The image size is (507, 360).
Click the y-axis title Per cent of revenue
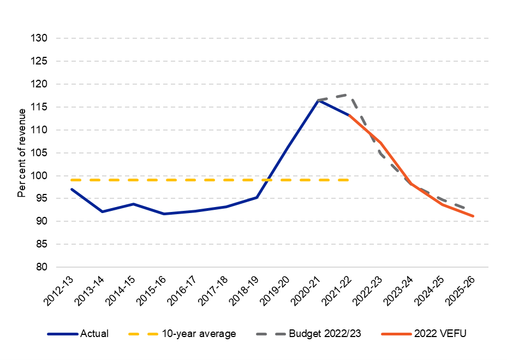22,153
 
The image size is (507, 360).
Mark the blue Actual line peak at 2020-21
318,100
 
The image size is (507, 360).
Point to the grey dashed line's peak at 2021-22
348,95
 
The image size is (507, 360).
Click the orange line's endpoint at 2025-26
473,216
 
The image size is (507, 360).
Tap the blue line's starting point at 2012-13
71,189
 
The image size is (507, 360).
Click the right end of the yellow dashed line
349,180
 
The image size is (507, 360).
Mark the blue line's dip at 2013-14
103,211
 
